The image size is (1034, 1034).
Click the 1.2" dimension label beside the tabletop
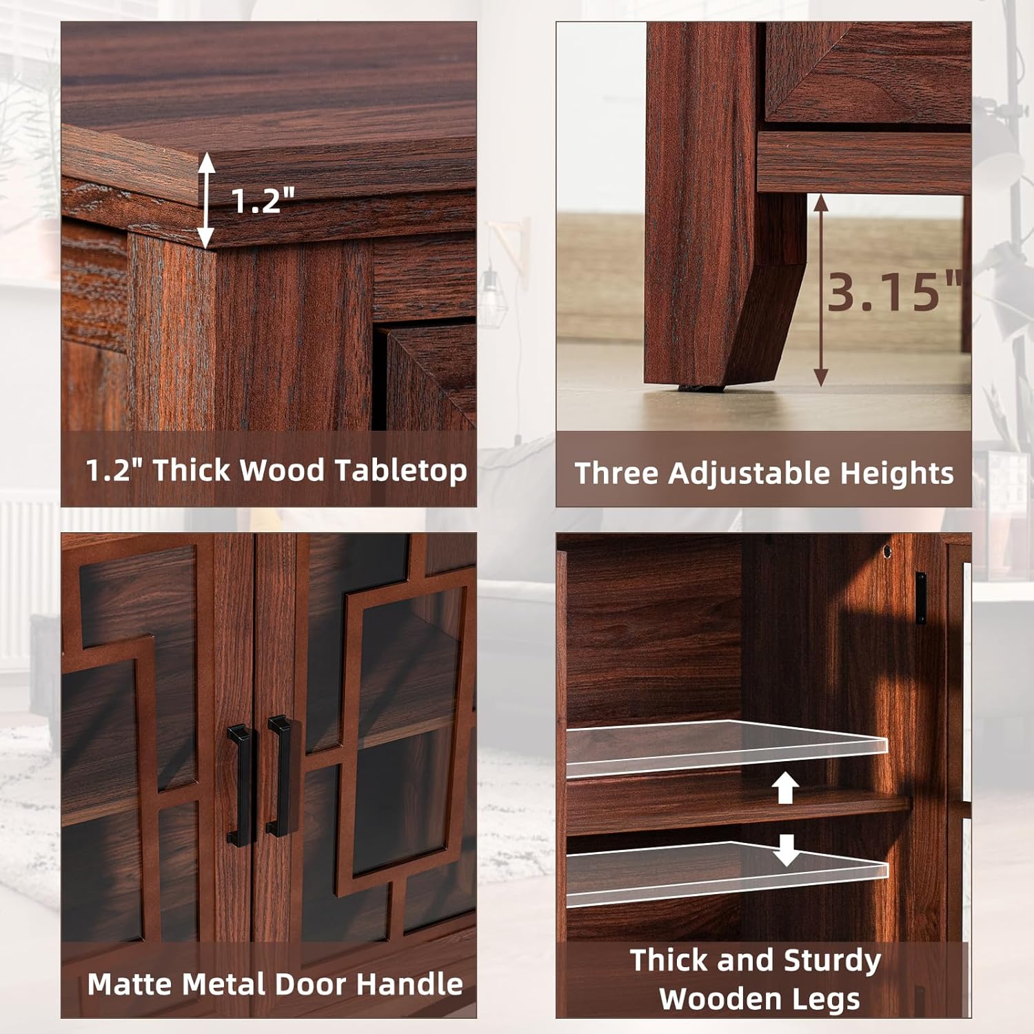pos(263,200)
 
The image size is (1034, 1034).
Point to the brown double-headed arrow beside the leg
pos(820,290)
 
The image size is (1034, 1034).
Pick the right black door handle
pos(279,775)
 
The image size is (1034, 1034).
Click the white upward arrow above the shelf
pos(785,788)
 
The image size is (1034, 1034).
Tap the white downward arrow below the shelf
pos(786,850)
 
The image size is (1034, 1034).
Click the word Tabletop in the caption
pos(401,472)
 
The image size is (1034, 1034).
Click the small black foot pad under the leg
pos(700,387)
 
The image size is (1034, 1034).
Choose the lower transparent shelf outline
pos(727,873)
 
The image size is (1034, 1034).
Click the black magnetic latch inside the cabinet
pos(921,598)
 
